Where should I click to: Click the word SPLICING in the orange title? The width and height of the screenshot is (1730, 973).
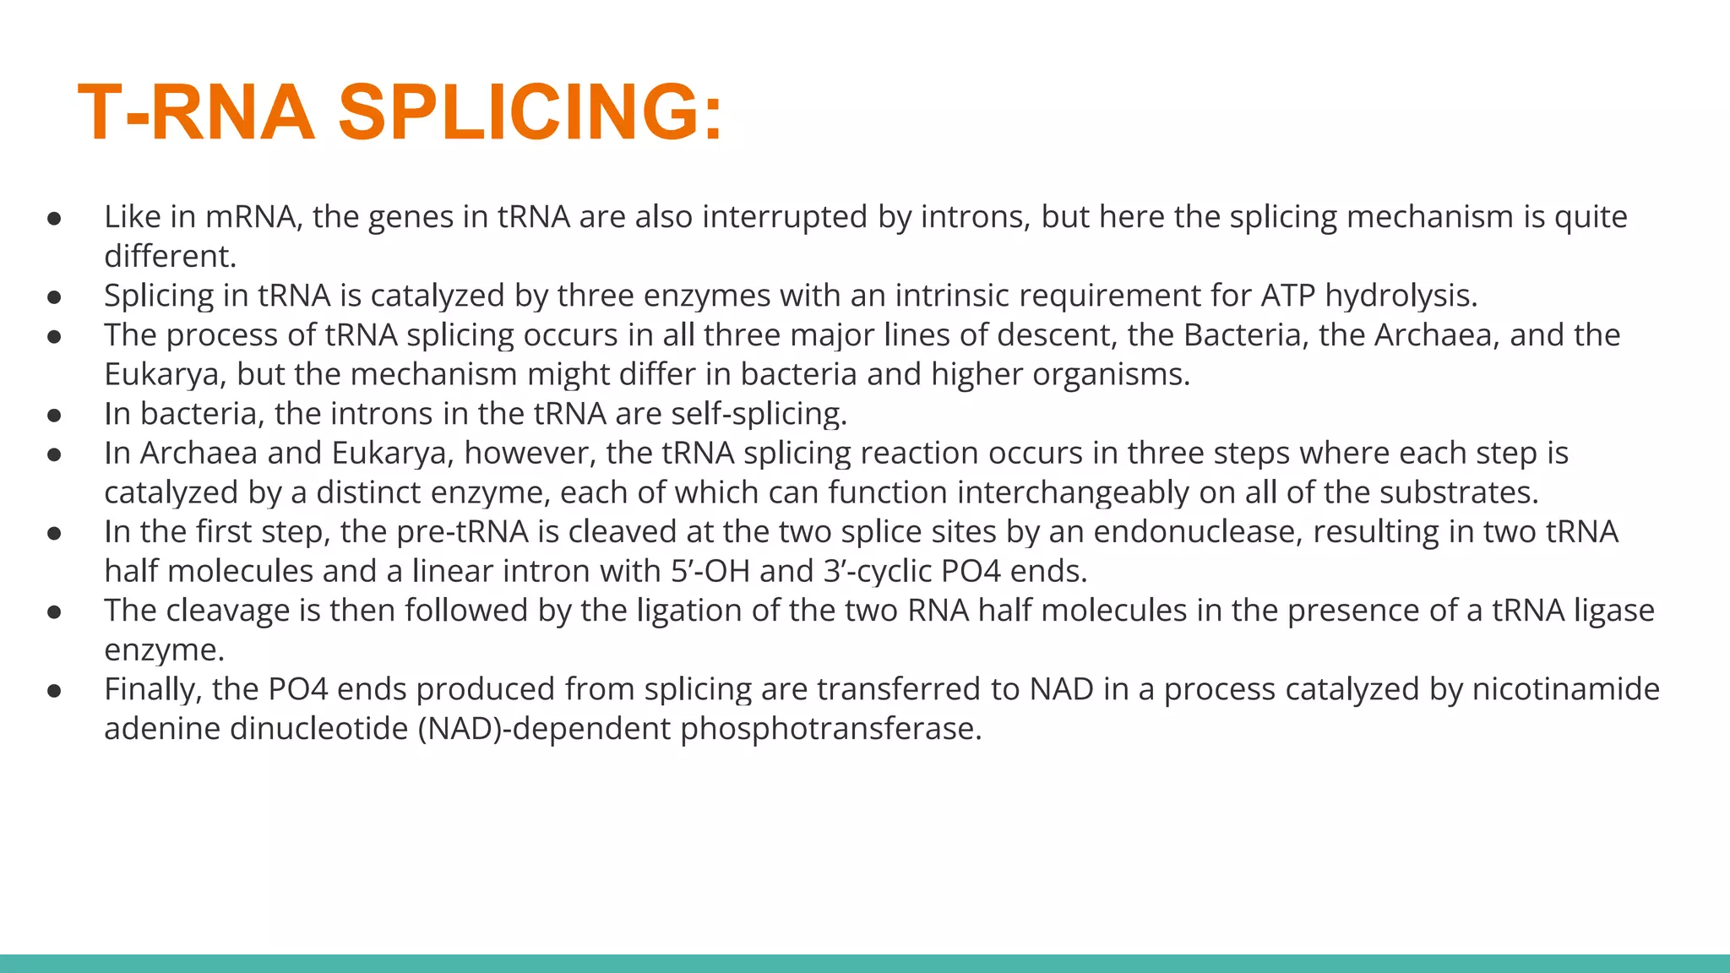click(x=530, y=112)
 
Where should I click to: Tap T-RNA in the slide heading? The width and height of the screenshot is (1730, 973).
click(x=196, y=112)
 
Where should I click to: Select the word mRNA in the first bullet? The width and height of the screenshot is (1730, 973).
click(x=250, y=217)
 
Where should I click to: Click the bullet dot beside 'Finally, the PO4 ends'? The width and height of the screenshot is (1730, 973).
click(x=55, y=691)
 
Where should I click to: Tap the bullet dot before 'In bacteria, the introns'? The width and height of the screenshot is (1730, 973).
click(x=55, y=416)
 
